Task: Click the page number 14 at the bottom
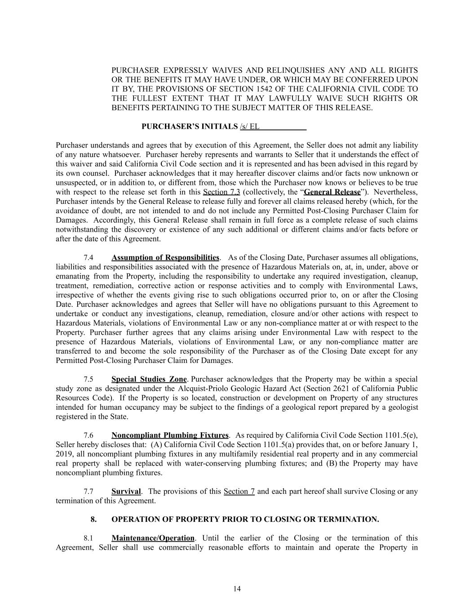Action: click(237, 589)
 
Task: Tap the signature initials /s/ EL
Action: click(250, 126)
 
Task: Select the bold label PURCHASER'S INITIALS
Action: click(189, 126)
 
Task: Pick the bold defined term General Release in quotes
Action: click(332, 192)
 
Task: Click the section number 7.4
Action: click(89, 258)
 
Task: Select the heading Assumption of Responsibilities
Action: click(165, 258)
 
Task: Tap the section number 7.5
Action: click(89, 379)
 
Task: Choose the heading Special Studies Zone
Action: click(149, 379)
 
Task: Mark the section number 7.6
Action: click(89, 435)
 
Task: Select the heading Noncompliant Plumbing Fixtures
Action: click(170, 435)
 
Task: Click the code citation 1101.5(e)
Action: click(401, 435)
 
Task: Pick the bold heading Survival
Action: click(126, 491)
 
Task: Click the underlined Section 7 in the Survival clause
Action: click(239, 491)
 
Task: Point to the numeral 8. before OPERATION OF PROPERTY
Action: click(93, 520)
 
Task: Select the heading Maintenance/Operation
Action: click(153, 538)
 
